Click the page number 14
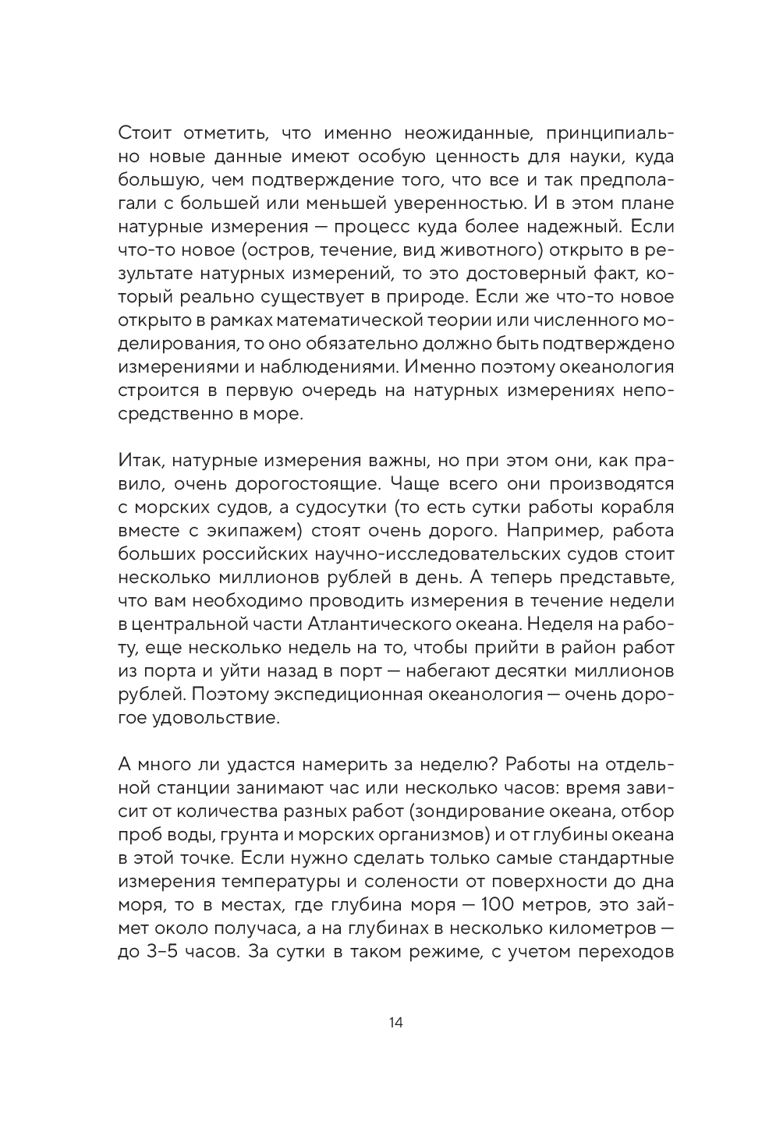click(395, 1023)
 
